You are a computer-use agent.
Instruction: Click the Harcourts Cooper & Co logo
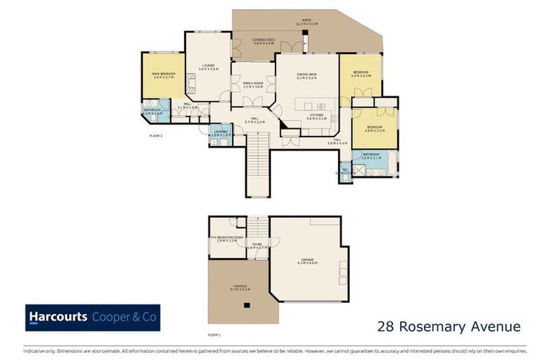93,317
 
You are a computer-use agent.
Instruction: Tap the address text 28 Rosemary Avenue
449,326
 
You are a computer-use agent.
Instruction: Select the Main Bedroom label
163,75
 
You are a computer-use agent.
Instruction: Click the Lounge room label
208,67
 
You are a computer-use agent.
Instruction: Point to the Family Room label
253,84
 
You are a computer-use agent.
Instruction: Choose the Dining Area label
307,77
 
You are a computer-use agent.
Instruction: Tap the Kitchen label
316,117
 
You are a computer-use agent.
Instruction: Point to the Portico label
238,287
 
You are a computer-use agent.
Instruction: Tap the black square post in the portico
246,305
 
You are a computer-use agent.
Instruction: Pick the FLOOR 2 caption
156,135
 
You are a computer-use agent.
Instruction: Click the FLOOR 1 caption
214,335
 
